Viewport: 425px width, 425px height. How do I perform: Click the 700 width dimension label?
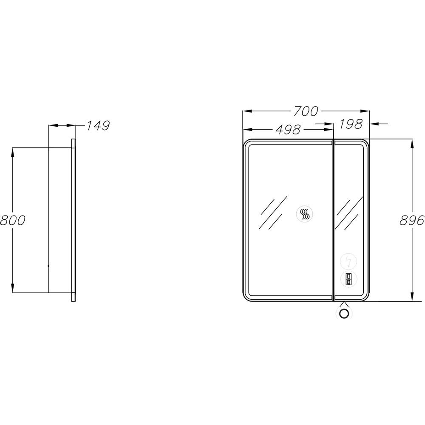[x=306, y=111]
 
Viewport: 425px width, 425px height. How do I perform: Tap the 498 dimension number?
[x=288, y=130]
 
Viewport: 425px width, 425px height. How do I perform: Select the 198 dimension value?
[x=351, y=124]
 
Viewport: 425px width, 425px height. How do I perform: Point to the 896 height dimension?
[x=412, y=220]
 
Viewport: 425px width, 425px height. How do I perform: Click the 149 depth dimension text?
[x=98, y=125]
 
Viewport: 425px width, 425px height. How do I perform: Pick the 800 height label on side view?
[x=13, y=220]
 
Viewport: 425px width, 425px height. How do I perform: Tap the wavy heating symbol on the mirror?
[x=304, y=214]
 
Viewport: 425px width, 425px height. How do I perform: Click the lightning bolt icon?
[x=348, y=261]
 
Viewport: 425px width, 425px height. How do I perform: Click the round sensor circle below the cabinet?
[x=344, y=314]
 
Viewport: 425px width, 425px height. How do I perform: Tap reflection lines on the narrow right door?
[x=348, y=213]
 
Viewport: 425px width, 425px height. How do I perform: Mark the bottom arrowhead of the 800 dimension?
[x=12, y=288]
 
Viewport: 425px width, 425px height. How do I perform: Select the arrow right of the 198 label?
[x=379, y=124]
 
